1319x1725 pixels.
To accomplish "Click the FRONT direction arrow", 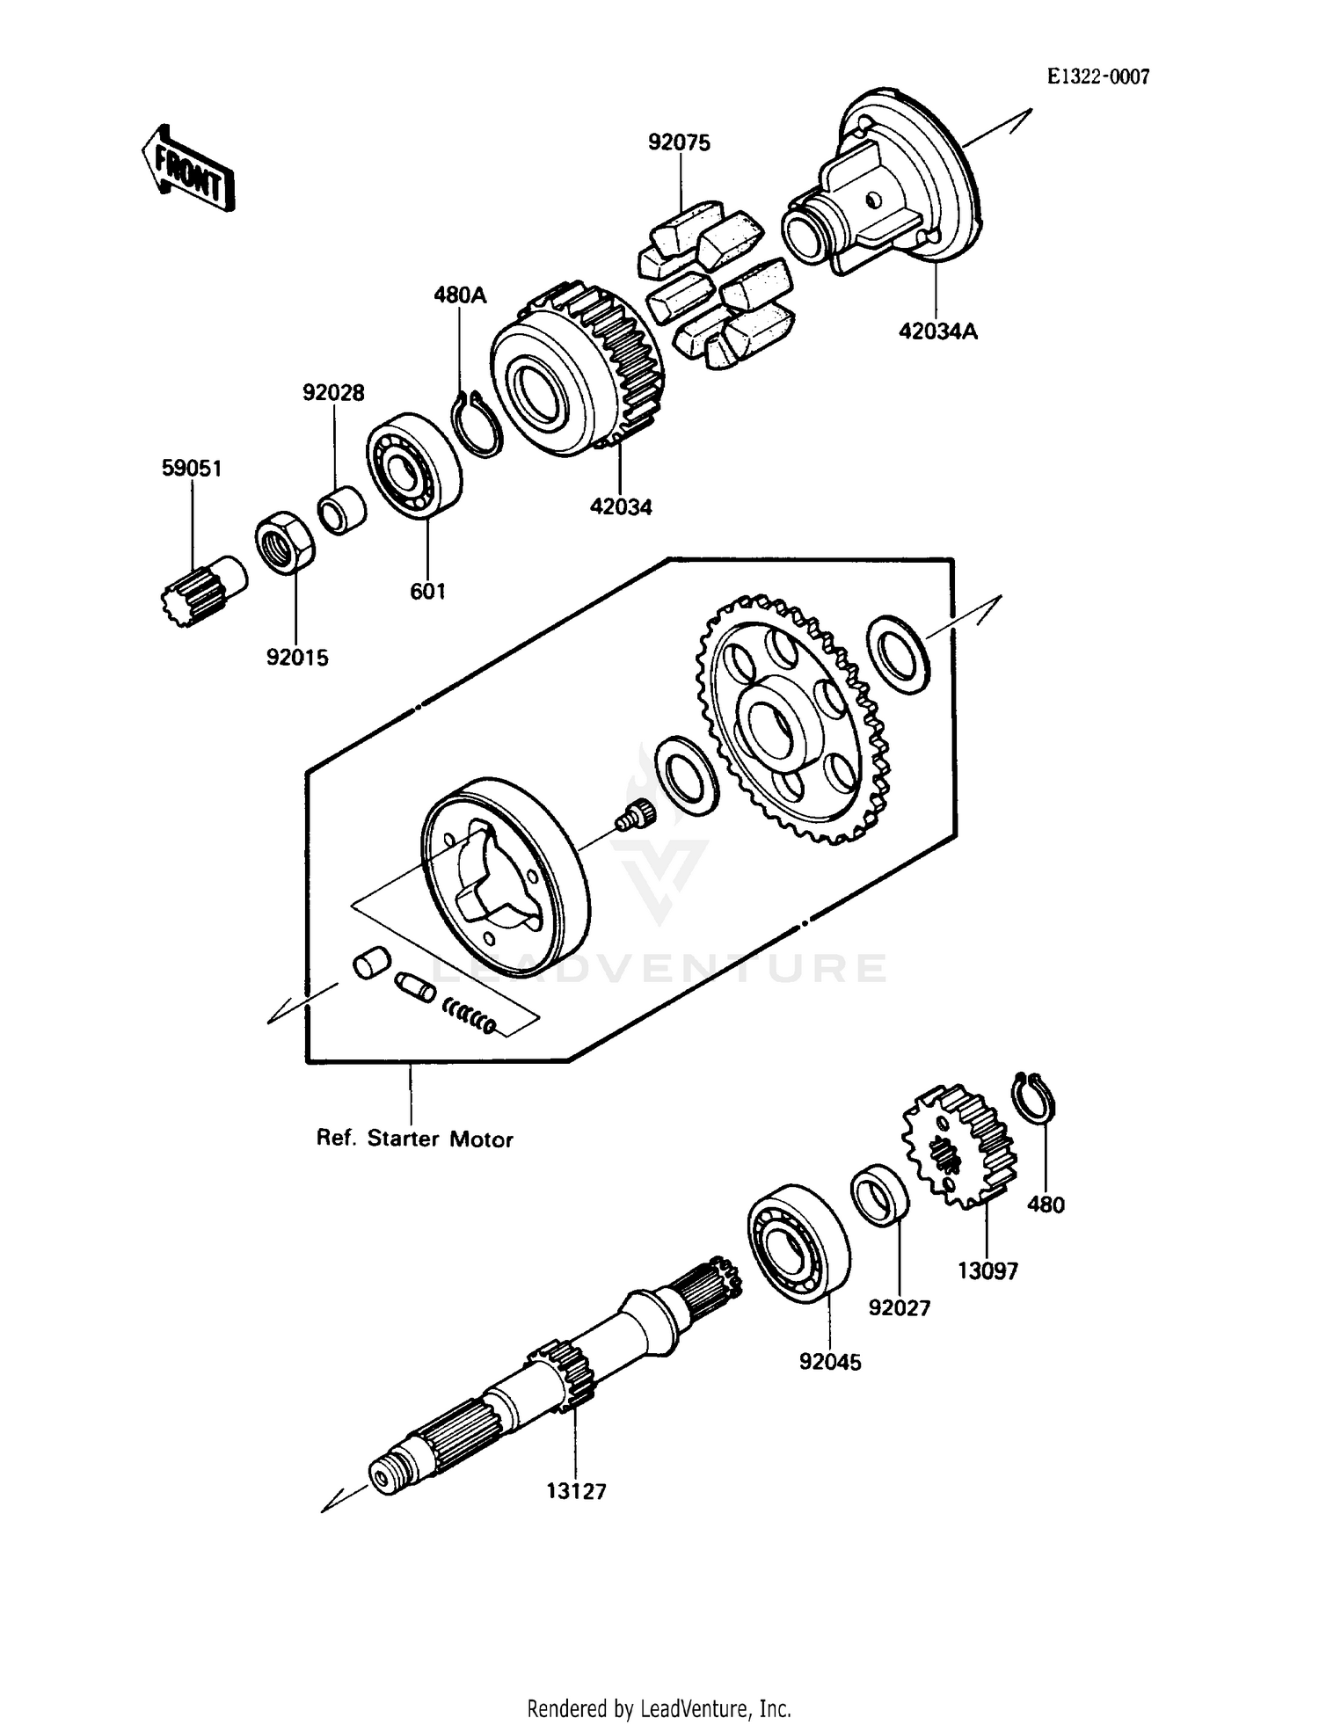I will pos(187,169).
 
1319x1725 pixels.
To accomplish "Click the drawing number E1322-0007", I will pos(1097,77).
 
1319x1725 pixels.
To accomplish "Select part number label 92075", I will pos(679,142).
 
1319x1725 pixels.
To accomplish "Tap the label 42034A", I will pos(937,331).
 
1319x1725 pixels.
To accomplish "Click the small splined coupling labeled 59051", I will pos(200,588).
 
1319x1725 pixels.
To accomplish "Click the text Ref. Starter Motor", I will pos(414,1139).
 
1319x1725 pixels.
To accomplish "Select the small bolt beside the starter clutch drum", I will pos(635,815).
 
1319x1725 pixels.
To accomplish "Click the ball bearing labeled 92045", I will pos(798,1243).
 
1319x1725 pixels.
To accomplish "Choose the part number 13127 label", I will pos(576,1491).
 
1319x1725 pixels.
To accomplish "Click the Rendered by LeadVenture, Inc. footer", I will pos(659,1708).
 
